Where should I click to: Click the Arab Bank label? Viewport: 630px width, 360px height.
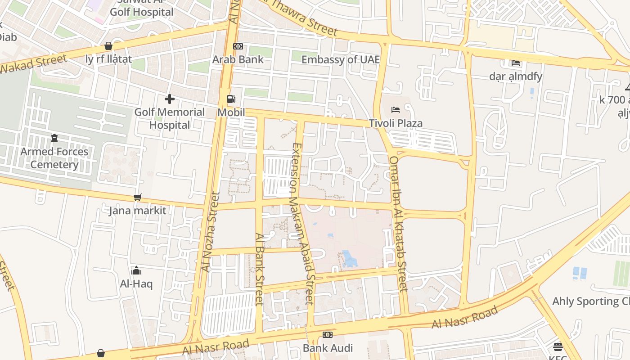[238, 59]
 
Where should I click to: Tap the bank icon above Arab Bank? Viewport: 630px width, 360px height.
[238, 46]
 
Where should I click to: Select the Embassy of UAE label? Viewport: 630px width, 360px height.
[340, 59]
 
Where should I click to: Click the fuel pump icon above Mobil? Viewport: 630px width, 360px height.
[231, 99]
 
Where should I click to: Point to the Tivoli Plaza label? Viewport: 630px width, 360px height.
[396, 123]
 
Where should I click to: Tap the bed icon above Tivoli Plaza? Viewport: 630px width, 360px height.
[396, 110]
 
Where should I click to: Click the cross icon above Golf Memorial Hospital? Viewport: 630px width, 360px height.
[170, 99]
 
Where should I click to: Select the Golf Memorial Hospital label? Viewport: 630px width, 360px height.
[170, 118]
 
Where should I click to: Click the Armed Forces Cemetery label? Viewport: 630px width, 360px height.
[54, 158]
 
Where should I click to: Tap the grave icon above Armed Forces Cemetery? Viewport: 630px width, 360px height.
[54, 138]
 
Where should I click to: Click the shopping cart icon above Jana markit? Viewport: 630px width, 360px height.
[138, 197]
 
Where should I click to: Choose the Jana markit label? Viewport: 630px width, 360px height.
[138, 210]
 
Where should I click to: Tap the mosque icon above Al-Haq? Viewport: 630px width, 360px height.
[136, 270]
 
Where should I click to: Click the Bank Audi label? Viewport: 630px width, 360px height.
[328, 348]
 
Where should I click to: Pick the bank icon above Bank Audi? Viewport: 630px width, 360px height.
[328, 335]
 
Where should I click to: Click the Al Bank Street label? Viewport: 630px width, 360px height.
[259, 269]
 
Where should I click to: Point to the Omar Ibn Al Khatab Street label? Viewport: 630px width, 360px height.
[398, 224]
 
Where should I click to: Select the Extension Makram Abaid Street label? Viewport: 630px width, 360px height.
[302, 224]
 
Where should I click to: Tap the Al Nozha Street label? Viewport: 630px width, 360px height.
[210, 232]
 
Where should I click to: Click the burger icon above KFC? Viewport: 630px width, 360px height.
[558, 347]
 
